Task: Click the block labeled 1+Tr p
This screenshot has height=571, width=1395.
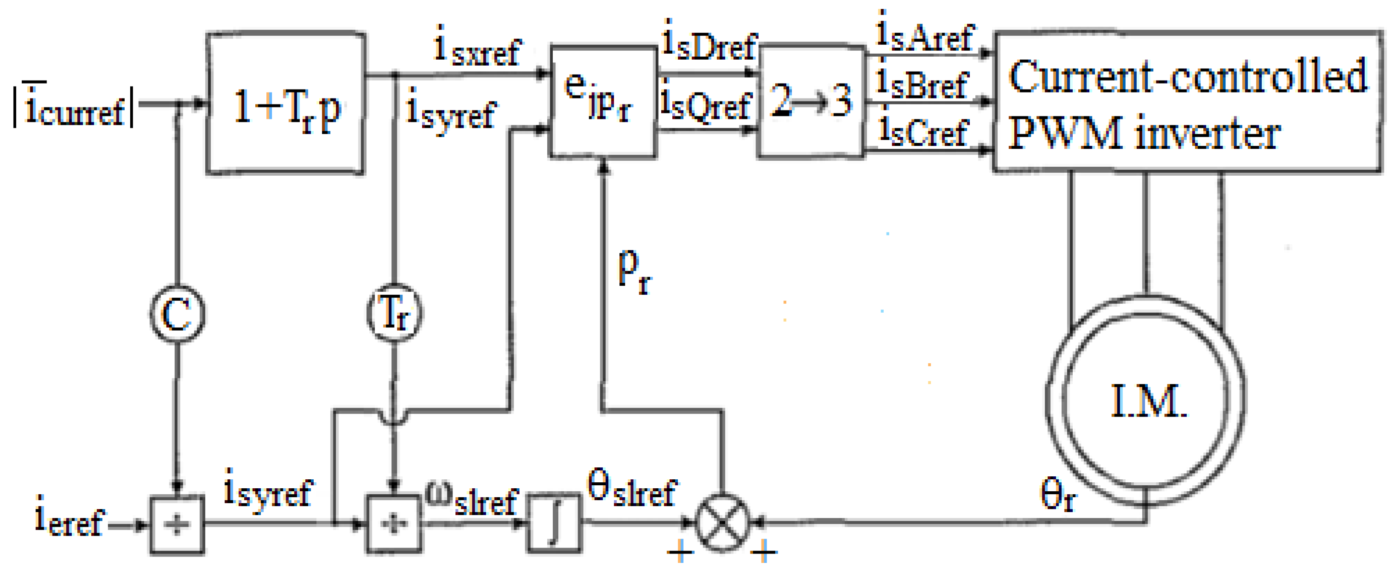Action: [x=286, y=104]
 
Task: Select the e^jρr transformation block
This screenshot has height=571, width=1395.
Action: [x=603, y=102]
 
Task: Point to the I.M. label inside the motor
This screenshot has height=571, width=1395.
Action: [x=1147, y=402]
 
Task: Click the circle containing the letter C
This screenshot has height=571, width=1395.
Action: [x=177, y=314]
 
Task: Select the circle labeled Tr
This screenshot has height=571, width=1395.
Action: [x=394, y=314]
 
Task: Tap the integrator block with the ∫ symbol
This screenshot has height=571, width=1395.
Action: [x=554, y=523]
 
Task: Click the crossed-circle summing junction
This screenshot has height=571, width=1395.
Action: [x=722, y=523]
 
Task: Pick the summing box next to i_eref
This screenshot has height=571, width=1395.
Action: [x=177, y=525]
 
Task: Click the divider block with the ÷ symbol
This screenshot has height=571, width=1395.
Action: [x=394, y=524]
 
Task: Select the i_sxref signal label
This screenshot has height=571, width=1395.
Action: [x=476, y=48]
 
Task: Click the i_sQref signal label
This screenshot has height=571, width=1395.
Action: [x=706, y=104]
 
